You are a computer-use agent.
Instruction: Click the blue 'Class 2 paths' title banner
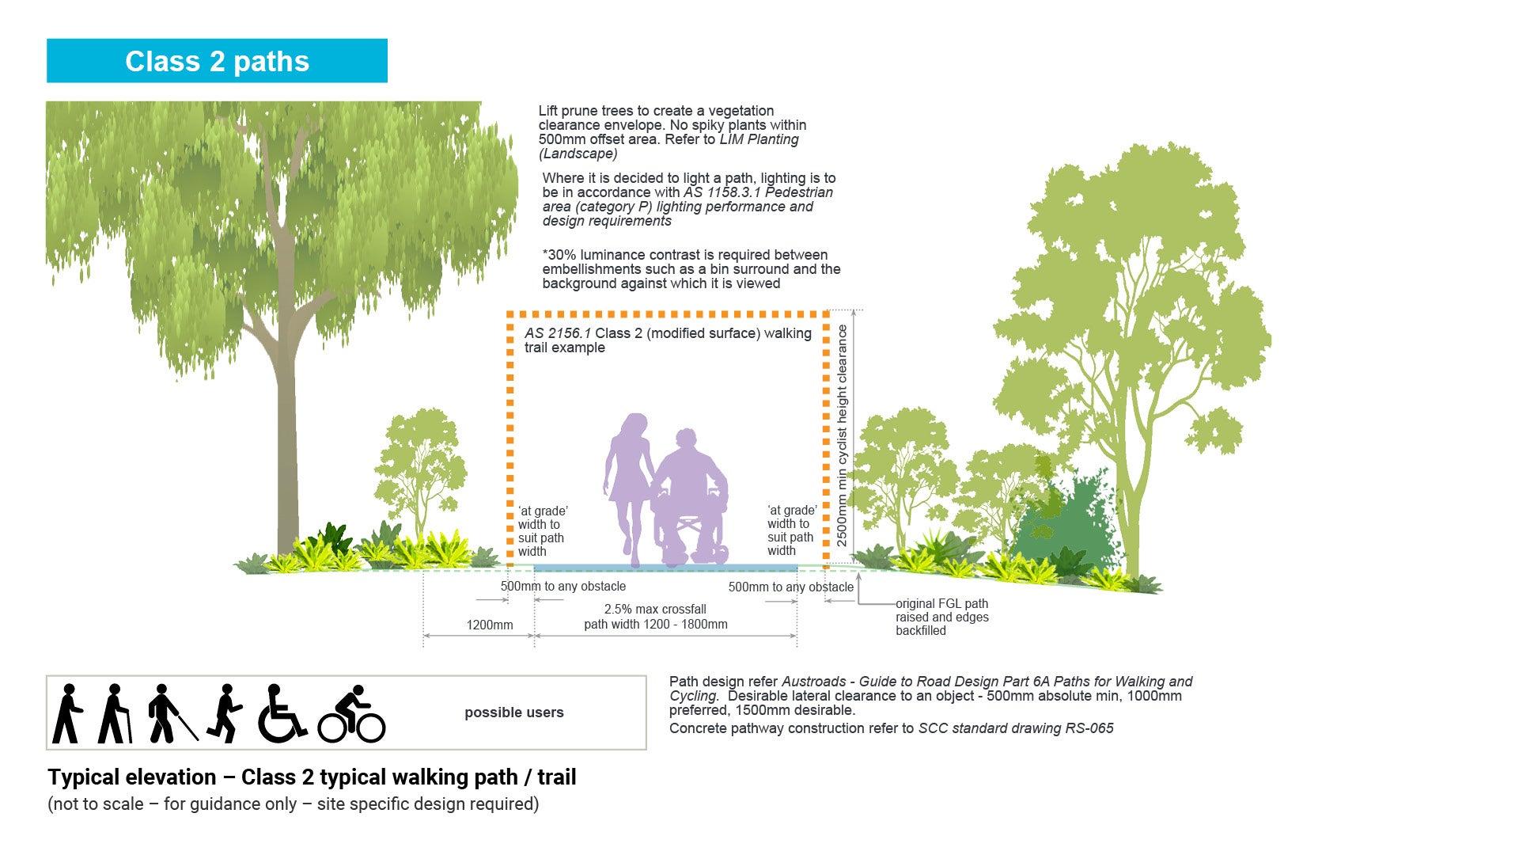(217, 61)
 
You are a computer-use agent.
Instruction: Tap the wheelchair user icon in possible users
(282, 713)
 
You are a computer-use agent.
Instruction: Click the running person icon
(225, 713)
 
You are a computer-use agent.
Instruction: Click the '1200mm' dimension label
(490, 625)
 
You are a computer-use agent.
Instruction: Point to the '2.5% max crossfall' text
(655, 610)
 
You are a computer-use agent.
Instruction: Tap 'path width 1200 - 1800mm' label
(656, 625)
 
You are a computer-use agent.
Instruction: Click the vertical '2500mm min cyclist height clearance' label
(842, 435)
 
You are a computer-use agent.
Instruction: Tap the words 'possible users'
(514, 712)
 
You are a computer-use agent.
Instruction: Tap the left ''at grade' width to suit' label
(543, 531)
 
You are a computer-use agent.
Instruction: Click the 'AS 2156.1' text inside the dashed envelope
(558, 333)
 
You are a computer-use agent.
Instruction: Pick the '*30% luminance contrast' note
(691, 269)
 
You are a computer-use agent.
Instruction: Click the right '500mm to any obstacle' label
(791, 587)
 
